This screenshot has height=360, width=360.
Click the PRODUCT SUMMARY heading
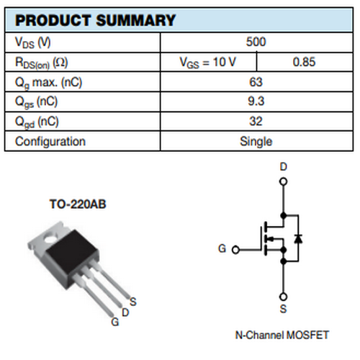click(95, 20)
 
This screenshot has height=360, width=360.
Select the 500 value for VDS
click(256, 42)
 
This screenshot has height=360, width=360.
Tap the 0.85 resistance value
click(304, 62)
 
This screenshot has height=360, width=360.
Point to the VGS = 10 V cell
click(208, 63)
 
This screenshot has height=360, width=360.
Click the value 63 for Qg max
click(256, 82)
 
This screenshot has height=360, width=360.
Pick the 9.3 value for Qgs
click(256, 101)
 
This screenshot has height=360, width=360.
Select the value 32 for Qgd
click(256, 121)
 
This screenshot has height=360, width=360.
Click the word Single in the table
click(256, 141)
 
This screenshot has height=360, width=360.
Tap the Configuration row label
click(50, 141)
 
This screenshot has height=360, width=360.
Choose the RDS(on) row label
click(42, 63)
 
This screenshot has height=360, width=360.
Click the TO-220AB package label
click(78, 204)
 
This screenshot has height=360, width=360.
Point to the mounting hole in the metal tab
click(50, 239)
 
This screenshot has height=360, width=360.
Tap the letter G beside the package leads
click(115, 322)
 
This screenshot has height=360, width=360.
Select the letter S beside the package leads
click(133, 302)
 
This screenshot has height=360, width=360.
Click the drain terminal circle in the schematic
click(284, 181)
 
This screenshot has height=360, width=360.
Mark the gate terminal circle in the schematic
click(236, 250)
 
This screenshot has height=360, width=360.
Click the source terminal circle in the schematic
click(284, 297)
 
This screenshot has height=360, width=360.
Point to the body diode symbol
click(298, 238)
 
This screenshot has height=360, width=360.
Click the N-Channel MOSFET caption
click(282, 335)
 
